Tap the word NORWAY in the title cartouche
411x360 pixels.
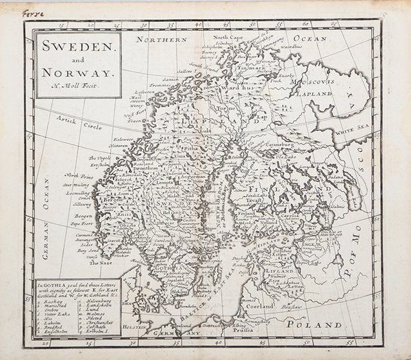coord(76,72)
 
